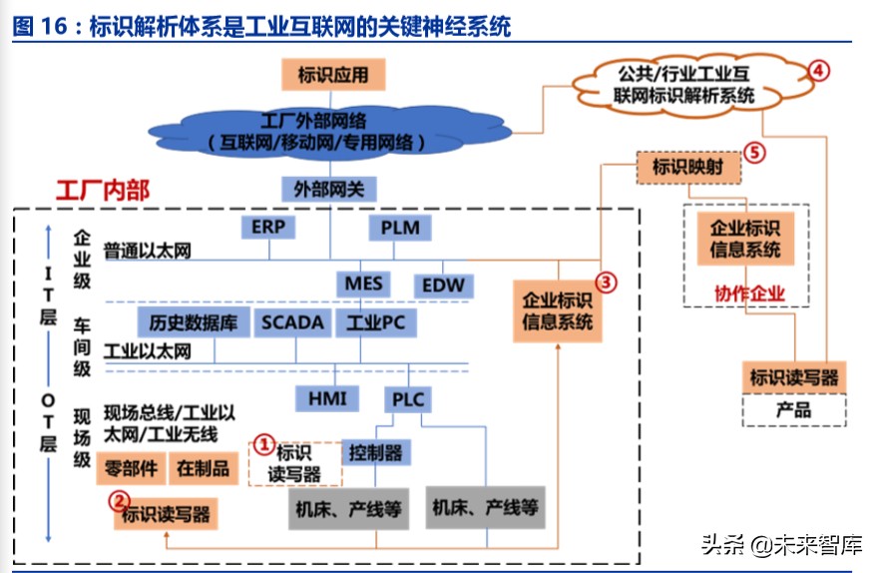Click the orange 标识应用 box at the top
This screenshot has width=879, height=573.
pyautogui.click(x=332, y=75)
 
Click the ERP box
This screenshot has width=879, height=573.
pyautogui.click(x=268, y=228)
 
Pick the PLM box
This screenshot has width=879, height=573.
pyautogui.click(x=400, y=228)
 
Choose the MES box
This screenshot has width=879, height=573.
pyautogui.click(x=363, y=284)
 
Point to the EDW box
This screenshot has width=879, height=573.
pyautogui.click(x=443, y=285)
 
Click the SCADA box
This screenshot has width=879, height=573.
pyautogui.click(x=292, y=322)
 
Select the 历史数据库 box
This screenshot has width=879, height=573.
pyautogui.click(x=191, y=322)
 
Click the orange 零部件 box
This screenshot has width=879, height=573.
pyautogui.click(x=130, y=467)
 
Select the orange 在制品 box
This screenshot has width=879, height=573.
pyautogui.click(x=204, y=467)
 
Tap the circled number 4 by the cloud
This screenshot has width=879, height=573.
pyautogui.click(x=817, y=70)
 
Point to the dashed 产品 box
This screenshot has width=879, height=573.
pyautogui.click(x=793, y=409)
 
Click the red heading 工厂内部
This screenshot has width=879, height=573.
pyautogui.click(x=102, y=190)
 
